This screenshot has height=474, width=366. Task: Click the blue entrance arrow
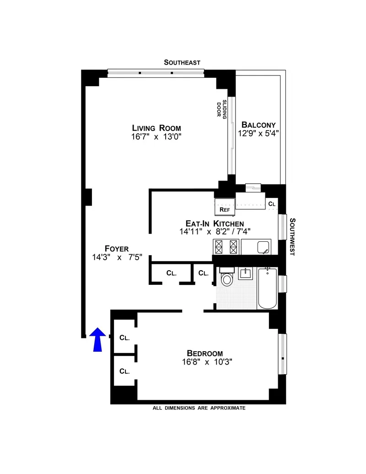click(97, 340)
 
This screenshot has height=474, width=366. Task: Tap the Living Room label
click(156, 128)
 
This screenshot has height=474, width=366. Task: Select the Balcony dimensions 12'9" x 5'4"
click(258, 134)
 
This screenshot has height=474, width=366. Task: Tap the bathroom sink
click(246, 274)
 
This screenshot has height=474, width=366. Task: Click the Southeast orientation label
click(183, 63)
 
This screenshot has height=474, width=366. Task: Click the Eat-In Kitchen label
click(214, 223)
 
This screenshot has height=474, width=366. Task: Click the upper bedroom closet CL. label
click(124, 338)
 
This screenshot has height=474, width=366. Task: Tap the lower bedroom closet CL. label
click(124, 371)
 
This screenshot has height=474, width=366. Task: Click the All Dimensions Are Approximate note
click(199, 408)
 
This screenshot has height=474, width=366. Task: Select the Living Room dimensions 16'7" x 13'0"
click(156, 137)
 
